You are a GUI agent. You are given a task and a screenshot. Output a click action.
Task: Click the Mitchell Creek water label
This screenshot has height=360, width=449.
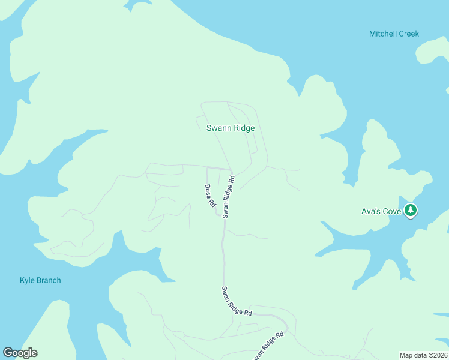394,34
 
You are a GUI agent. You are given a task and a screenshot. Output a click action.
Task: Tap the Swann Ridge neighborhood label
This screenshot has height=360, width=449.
231,128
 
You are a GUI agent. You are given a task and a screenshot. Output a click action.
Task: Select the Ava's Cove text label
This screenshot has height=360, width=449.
381,211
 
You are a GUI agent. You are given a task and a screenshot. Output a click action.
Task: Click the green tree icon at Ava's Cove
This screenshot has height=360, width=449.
411,211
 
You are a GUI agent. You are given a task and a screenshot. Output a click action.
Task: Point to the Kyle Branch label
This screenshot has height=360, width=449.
40,280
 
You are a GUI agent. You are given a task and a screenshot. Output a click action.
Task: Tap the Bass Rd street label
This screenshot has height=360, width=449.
209,196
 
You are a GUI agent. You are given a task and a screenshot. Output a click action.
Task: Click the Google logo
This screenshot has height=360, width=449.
20,353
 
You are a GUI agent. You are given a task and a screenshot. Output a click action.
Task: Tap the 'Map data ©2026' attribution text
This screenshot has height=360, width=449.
424,355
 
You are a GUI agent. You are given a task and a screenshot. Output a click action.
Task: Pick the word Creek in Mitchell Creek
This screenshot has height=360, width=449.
408,34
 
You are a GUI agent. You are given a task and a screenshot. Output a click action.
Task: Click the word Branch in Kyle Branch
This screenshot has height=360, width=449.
48,280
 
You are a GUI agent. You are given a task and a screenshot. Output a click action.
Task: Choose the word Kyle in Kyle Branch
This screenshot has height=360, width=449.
27,280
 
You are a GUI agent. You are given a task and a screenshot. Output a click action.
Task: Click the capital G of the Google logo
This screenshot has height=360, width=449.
8,353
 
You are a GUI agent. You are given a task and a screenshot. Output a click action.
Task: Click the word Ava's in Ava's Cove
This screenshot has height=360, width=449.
370,211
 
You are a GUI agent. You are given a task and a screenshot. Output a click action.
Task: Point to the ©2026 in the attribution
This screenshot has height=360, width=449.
436,355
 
